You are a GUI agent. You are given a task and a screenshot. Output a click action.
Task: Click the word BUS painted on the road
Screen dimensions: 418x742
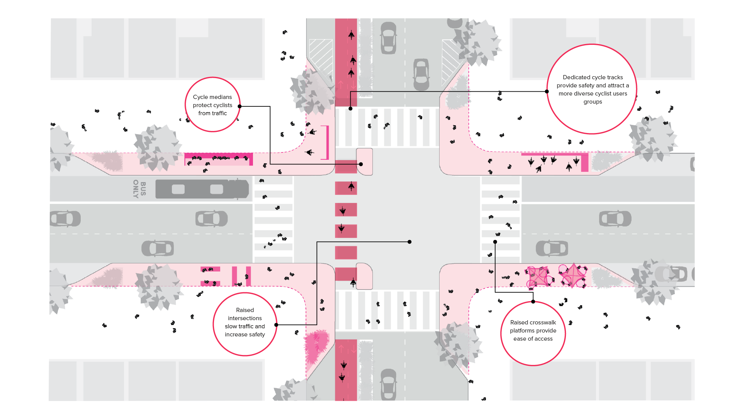143,189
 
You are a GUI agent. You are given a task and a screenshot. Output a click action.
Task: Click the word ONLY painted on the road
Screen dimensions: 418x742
136,189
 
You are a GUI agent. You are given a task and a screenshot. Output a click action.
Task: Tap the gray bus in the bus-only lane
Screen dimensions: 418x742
202,189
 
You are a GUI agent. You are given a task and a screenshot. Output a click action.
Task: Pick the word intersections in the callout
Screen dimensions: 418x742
245,318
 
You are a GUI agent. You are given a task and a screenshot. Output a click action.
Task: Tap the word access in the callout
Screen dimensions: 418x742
543,339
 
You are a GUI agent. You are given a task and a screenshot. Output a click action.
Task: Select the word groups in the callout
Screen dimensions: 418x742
593,102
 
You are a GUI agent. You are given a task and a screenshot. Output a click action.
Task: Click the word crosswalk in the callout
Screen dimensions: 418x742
543,322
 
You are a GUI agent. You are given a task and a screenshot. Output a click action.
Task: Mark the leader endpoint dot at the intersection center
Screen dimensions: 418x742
409,242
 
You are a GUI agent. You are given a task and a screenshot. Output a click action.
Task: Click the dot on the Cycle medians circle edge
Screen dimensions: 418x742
239,106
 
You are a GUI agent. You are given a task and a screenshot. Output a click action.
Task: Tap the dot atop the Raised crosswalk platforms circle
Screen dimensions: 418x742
533,302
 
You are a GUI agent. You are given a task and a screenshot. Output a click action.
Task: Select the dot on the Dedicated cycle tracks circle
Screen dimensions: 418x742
547,92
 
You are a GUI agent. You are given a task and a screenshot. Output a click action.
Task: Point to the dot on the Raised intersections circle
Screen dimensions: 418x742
276,325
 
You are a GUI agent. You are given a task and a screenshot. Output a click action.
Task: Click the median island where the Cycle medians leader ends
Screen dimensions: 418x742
364,162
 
